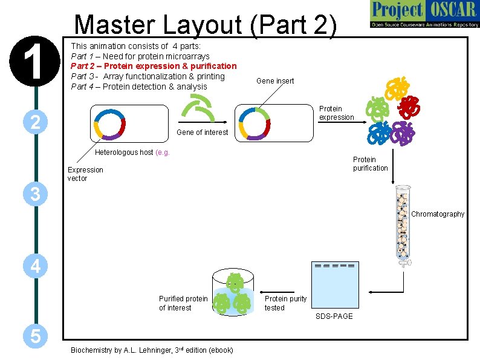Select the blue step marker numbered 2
[36, 122]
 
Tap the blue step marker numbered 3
[36, 194]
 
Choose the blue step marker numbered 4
[36, 266]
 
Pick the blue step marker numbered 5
[36, 336]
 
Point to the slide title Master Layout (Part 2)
[206, 25]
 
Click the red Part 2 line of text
[154, 66]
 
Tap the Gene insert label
[275, 80]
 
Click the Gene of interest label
[202, 133]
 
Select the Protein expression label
[336, 113]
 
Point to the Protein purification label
[370, 164]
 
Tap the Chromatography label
[438, 214]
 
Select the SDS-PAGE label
[334, 316]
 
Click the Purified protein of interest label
[183, 303]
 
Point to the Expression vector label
[85, 174]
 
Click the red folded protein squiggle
[410, 105]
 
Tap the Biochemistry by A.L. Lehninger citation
[152, 350]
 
